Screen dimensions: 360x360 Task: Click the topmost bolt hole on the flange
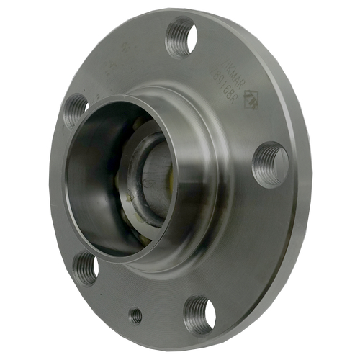point(181,38)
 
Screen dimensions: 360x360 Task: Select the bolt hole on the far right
point(271,165)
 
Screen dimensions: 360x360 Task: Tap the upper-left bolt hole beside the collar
point(76,111)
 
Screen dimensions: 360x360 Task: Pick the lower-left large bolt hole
point(86,268)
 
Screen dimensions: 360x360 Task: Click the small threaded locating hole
point(135,315)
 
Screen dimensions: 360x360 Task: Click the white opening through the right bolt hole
point(278,168)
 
